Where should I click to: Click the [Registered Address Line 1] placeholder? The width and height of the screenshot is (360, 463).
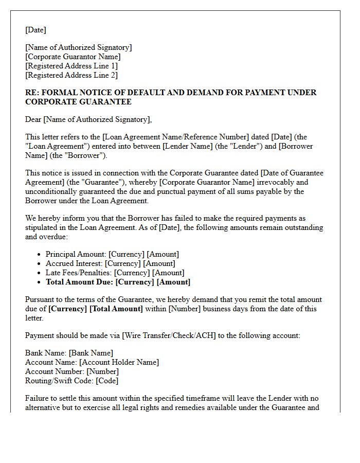click(71, 66)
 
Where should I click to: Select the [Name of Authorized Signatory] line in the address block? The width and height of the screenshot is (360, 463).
click(78, 47)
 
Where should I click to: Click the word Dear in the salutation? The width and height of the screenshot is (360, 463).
click(33, 119)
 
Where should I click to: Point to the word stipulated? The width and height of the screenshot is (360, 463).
click(45, 227)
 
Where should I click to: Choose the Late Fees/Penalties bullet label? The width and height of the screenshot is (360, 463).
click(79, 273)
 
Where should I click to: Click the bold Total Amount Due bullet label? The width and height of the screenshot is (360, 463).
click(79, 282)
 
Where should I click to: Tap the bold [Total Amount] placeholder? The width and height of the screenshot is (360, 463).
click(116, 309)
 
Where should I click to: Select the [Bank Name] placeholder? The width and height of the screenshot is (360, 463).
click(91, 353)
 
